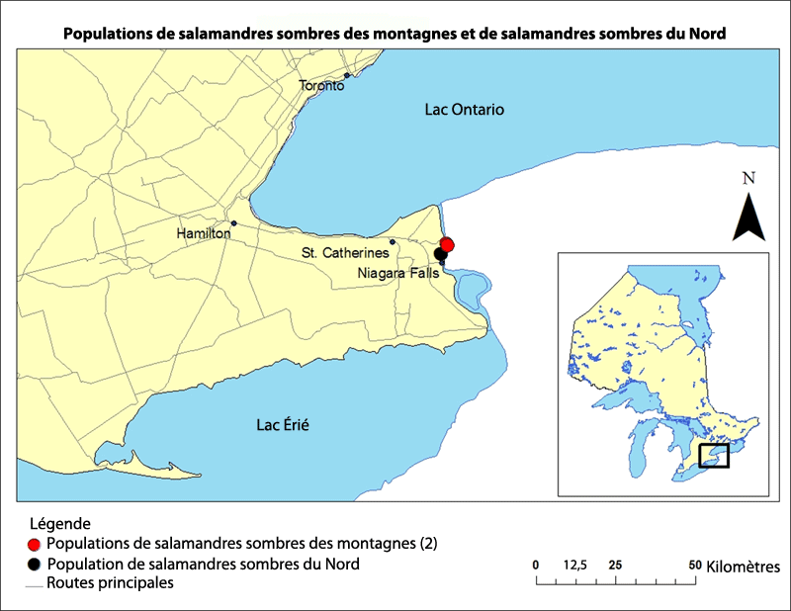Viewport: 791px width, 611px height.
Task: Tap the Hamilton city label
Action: tap(203, 234)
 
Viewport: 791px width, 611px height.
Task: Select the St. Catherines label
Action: tap(345, 254)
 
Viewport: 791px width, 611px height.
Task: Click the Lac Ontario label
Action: tap(464, 109)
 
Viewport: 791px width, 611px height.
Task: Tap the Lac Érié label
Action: tap(283, 425)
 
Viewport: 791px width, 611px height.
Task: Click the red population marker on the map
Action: tap(447, 244)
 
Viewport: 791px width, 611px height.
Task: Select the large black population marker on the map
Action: tap(440, 254)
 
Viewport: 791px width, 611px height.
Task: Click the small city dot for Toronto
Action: tap(347, 75)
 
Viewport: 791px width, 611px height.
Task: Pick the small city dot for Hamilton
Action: tap(233, 222)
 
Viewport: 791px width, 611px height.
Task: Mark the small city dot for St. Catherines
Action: tap(393, 242)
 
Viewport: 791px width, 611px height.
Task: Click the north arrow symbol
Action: tap(748, 217)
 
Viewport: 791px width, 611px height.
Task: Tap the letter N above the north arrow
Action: tap(748, 179)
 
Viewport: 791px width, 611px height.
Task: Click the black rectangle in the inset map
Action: tap(713, 456)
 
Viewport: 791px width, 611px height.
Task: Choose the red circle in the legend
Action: tap(35, 545)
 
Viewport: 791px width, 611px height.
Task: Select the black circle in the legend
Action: tap(35, 565)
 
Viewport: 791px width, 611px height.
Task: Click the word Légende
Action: tap(60, 523)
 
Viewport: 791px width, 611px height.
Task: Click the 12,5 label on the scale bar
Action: tap(575, 565)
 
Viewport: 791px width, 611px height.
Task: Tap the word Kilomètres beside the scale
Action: tap(744, 567)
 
